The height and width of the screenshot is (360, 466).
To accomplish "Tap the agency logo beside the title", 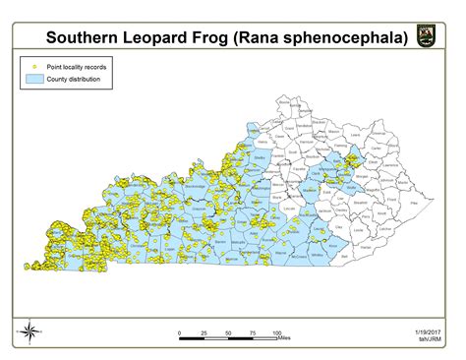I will click(x=427, y=38).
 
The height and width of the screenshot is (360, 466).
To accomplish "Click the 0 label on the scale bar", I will click(x=180, y=332).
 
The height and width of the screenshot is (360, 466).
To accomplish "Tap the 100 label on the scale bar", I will click(x=277, y=332).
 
